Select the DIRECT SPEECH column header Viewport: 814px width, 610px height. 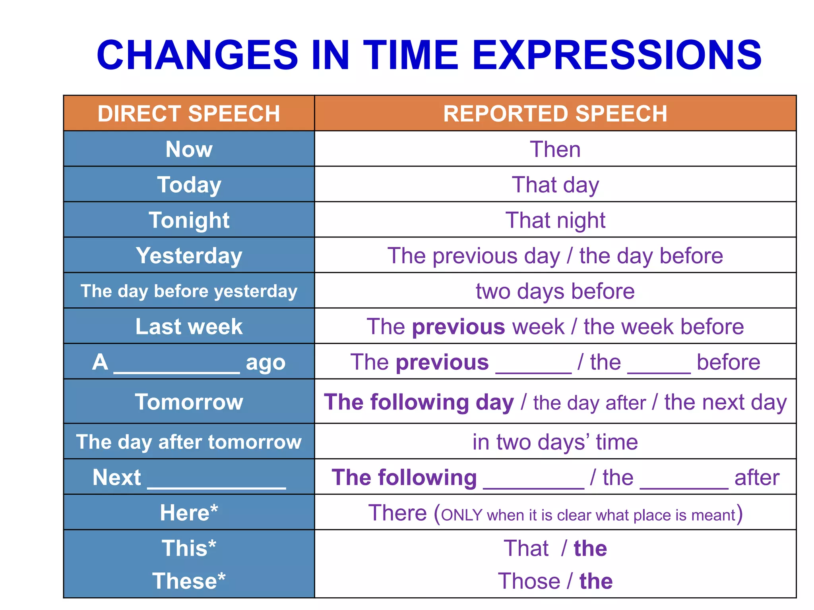coord(189,114)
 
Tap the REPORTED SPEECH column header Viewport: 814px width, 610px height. coord(555,114)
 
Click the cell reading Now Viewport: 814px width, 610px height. coord(189,149)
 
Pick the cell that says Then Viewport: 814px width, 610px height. coord(555,149)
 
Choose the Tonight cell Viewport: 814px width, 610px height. coord(189,220)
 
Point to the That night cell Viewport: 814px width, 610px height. coord(555,220)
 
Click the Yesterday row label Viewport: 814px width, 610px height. coord(189,255)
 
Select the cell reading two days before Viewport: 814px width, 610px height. coord(555,291)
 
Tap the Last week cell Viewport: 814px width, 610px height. coord(189,326)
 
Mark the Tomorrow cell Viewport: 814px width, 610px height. coord(189,402)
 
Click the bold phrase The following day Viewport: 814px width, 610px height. coord(419,402)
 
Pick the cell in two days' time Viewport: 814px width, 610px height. coord(555,442)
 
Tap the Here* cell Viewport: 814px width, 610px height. coord(189,513)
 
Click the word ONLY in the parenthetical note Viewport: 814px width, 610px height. coord(461,515)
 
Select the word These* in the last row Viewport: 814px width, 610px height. coord(189,581)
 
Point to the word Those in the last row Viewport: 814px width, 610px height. coord(529,581)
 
